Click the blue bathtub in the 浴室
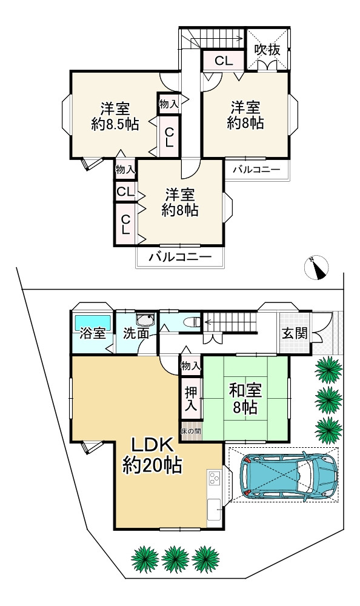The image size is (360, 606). coord(92,321)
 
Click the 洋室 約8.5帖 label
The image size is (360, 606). coord(115,117)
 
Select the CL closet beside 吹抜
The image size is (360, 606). coord(222,61)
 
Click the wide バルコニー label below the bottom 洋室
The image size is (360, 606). coord(180,257)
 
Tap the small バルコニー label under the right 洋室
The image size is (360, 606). coord(257,169)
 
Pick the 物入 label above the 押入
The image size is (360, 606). coord(190,365)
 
